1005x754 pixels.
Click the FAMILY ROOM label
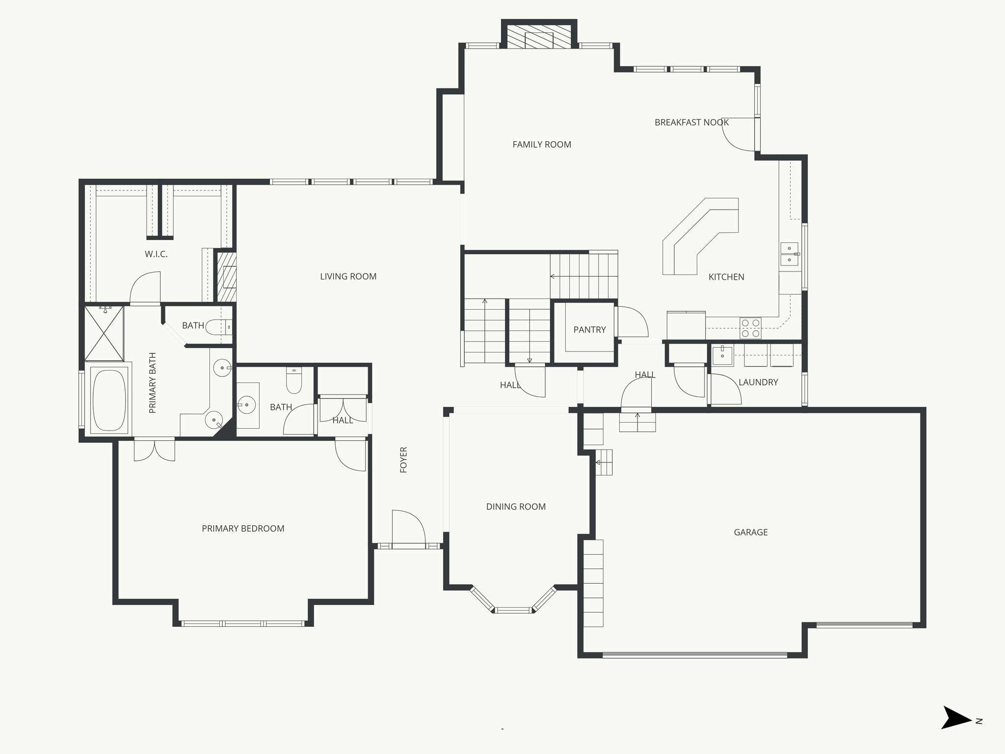coord(542,144)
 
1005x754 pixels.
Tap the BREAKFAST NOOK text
coord(691,122)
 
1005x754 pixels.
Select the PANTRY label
coord(589,329)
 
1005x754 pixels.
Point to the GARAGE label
coord(750,532)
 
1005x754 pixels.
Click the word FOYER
coord(404,459)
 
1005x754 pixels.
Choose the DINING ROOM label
coord(516,507)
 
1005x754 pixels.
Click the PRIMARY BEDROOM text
coord(243,529)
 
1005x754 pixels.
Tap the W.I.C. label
coord(156,254)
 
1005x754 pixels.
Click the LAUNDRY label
coord(758,382)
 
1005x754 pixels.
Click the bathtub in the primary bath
coord(109,401)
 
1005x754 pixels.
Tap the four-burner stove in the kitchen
coord(750,328)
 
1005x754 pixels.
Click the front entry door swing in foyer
coord(408,528)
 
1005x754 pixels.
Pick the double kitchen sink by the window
coord(789,254)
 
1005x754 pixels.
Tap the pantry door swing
coord(633,322)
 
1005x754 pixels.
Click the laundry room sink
coord(722,355)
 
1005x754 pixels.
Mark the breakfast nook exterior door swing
coord(740,135)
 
